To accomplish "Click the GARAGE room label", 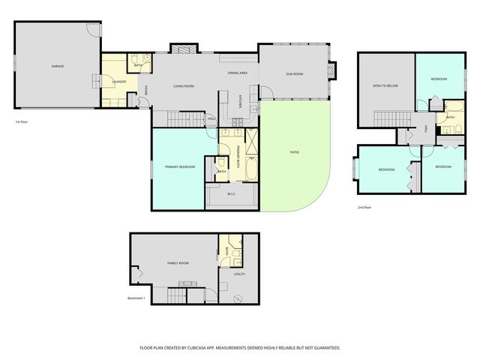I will point(57,66).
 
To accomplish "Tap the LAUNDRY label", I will point(118,81).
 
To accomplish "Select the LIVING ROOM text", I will point(184,86).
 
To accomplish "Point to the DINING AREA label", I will point(238,73).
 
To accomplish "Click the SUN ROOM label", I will point(294,73).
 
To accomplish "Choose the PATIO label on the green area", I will point(295,152).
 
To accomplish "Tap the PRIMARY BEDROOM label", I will point(180,166).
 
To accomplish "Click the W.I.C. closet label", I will point(232,193).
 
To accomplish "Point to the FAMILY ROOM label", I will point(178,263).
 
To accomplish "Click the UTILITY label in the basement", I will point(239,274).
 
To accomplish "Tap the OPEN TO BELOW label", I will point(385,85).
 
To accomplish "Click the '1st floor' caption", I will point(22,121).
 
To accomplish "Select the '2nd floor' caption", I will point(364,207).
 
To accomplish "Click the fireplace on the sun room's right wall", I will point(334,70).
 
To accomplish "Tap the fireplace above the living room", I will point(184,49).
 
